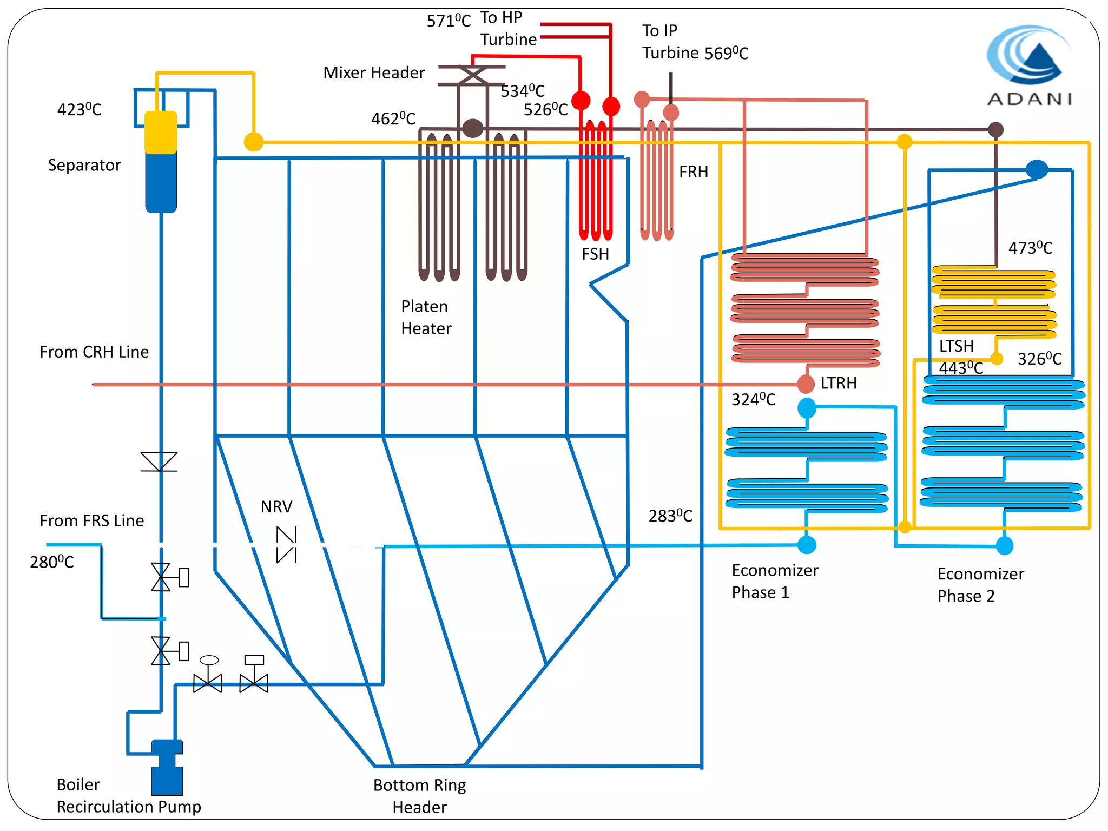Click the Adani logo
(x=1028, y=65)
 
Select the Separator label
(x=84, y=165)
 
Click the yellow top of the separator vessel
(x=161, y=132)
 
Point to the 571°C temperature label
(x=449, y=21)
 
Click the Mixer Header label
(x=374, y=72)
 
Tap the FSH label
(x=595, y=254)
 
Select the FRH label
(x=693, y=172)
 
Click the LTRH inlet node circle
(x=806, y=384)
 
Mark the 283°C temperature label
(x=670, y=516)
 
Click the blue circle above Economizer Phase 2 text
(x=1004, y=545)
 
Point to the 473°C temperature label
(x=1030, y=248)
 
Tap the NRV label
(x=276, y=507)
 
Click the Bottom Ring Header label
(x=419, y=796)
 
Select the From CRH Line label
(x=94, y=352)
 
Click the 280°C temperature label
(x=52, y=562)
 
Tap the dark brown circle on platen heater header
(x=472, y=129)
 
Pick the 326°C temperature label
(x=1039, y=359)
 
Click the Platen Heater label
(x=426, y=317)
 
